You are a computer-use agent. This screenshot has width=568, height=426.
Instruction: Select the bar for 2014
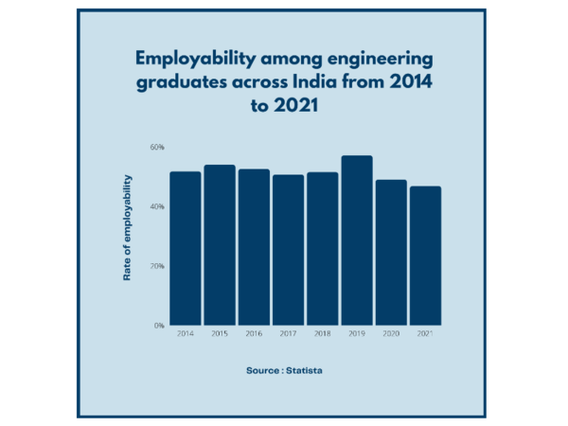point(186,248)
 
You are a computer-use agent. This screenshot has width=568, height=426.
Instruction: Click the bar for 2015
point(220,245)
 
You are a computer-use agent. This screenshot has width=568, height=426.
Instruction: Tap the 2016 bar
point(254,247)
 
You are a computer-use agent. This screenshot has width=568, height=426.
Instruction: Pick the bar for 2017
point(288,250)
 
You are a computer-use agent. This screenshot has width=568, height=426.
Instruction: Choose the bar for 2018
point(322,249)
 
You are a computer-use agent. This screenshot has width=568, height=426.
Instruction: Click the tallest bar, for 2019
point(357,240)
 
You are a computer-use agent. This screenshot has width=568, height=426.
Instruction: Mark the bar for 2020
point(391,253)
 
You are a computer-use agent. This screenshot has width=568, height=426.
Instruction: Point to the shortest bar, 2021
point(425,256)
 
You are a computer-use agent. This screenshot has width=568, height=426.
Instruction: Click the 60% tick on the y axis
point(157,148)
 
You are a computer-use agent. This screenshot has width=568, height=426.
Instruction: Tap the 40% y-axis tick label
point(157,206)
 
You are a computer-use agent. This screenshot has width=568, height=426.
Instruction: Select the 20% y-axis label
point(157,266)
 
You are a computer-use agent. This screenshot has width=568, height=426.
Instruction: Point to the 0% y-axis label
point(159,326)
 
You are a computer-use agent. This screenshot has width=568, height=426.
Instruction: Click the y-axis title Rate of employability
point(127,227)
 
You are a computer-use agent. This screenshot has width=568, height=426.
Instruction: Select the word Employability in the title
point(190,61)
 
